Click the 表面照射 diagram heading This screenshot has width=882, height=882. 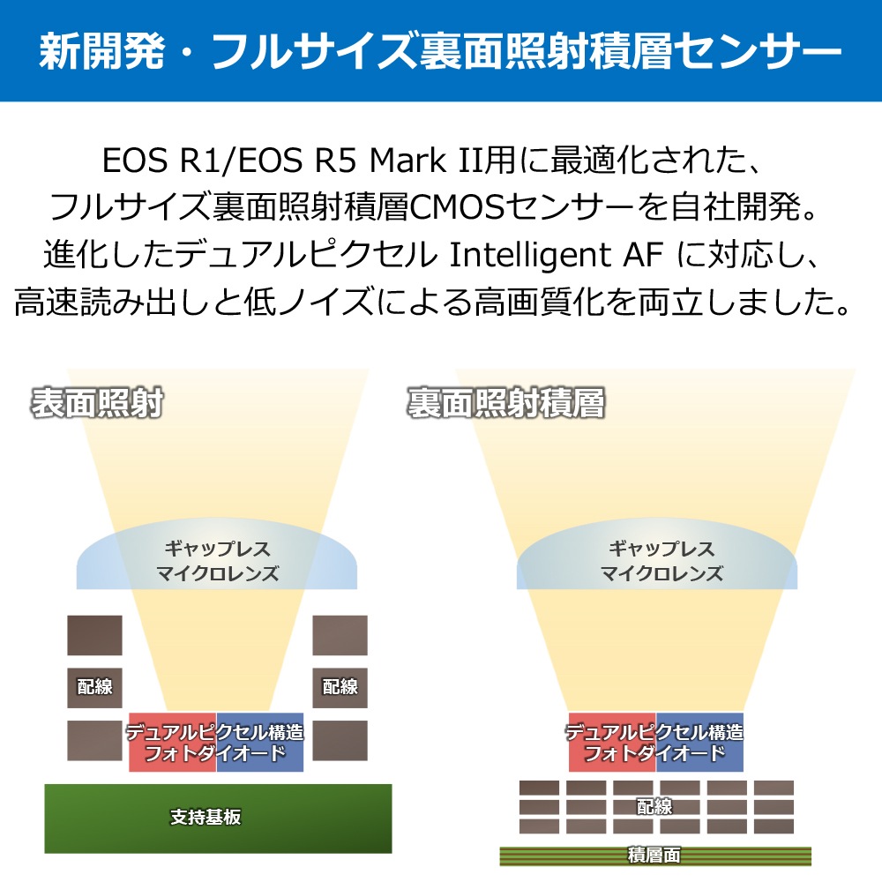pos(97,403)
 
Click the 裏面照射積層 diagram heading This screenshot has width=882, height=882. pos(506,403)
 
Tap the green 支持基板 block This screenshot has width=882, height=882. pos(218,818)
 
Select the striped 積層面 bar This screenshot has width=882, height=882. pos(655,856)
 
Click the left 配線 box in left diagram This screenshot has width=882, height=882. pos(94,687)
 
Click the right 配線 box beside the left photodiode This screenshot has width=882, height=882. pos(340,687)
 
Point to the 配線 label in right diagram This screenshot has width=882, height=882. pos(654,807)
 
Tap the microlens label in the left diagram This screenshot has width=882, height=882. pos(217,561)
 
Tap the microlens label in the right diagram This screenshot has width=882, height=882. pos(661,561)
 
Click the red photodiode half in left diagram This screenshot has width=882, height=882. pos(173,742)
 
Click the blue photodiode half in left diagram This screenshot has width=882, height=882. pos(260,742)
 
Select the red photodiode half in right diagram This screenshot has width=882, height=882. pos(613,742)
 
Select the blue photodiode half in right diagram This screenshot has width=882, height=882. pos(699,742)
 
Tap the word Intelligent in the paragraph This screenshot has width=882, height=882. pos(529,256)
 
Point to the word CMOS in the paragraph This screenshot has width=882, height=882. pos(457,207)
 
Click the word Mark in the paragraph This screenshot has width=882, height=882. pos(407,161)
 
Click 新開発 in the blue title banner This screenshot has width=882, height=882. pos(102,51)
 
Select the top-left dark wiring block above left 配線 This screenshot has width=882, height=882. pos(94,635)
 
